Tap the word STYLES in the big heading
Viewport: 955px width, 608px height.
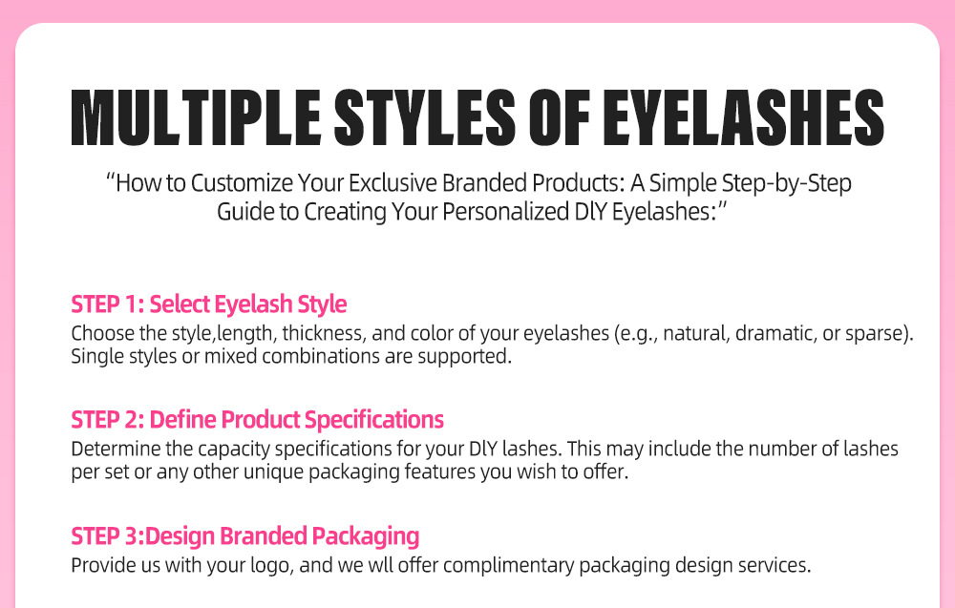[425, 117]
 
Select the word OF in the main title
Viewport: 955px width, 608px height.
[559, 117]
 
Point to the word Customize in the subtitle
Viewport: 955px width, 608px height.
[242, 183]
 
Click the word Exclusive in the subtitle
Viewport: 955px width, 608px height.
[393, 183]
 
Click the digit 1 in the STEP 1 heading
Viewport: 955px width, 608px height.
[133, 304]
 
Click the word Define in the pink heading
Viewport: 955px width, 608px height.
[182, 420]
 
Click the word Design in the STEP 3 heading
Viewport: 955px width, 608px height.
[180, 536]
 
